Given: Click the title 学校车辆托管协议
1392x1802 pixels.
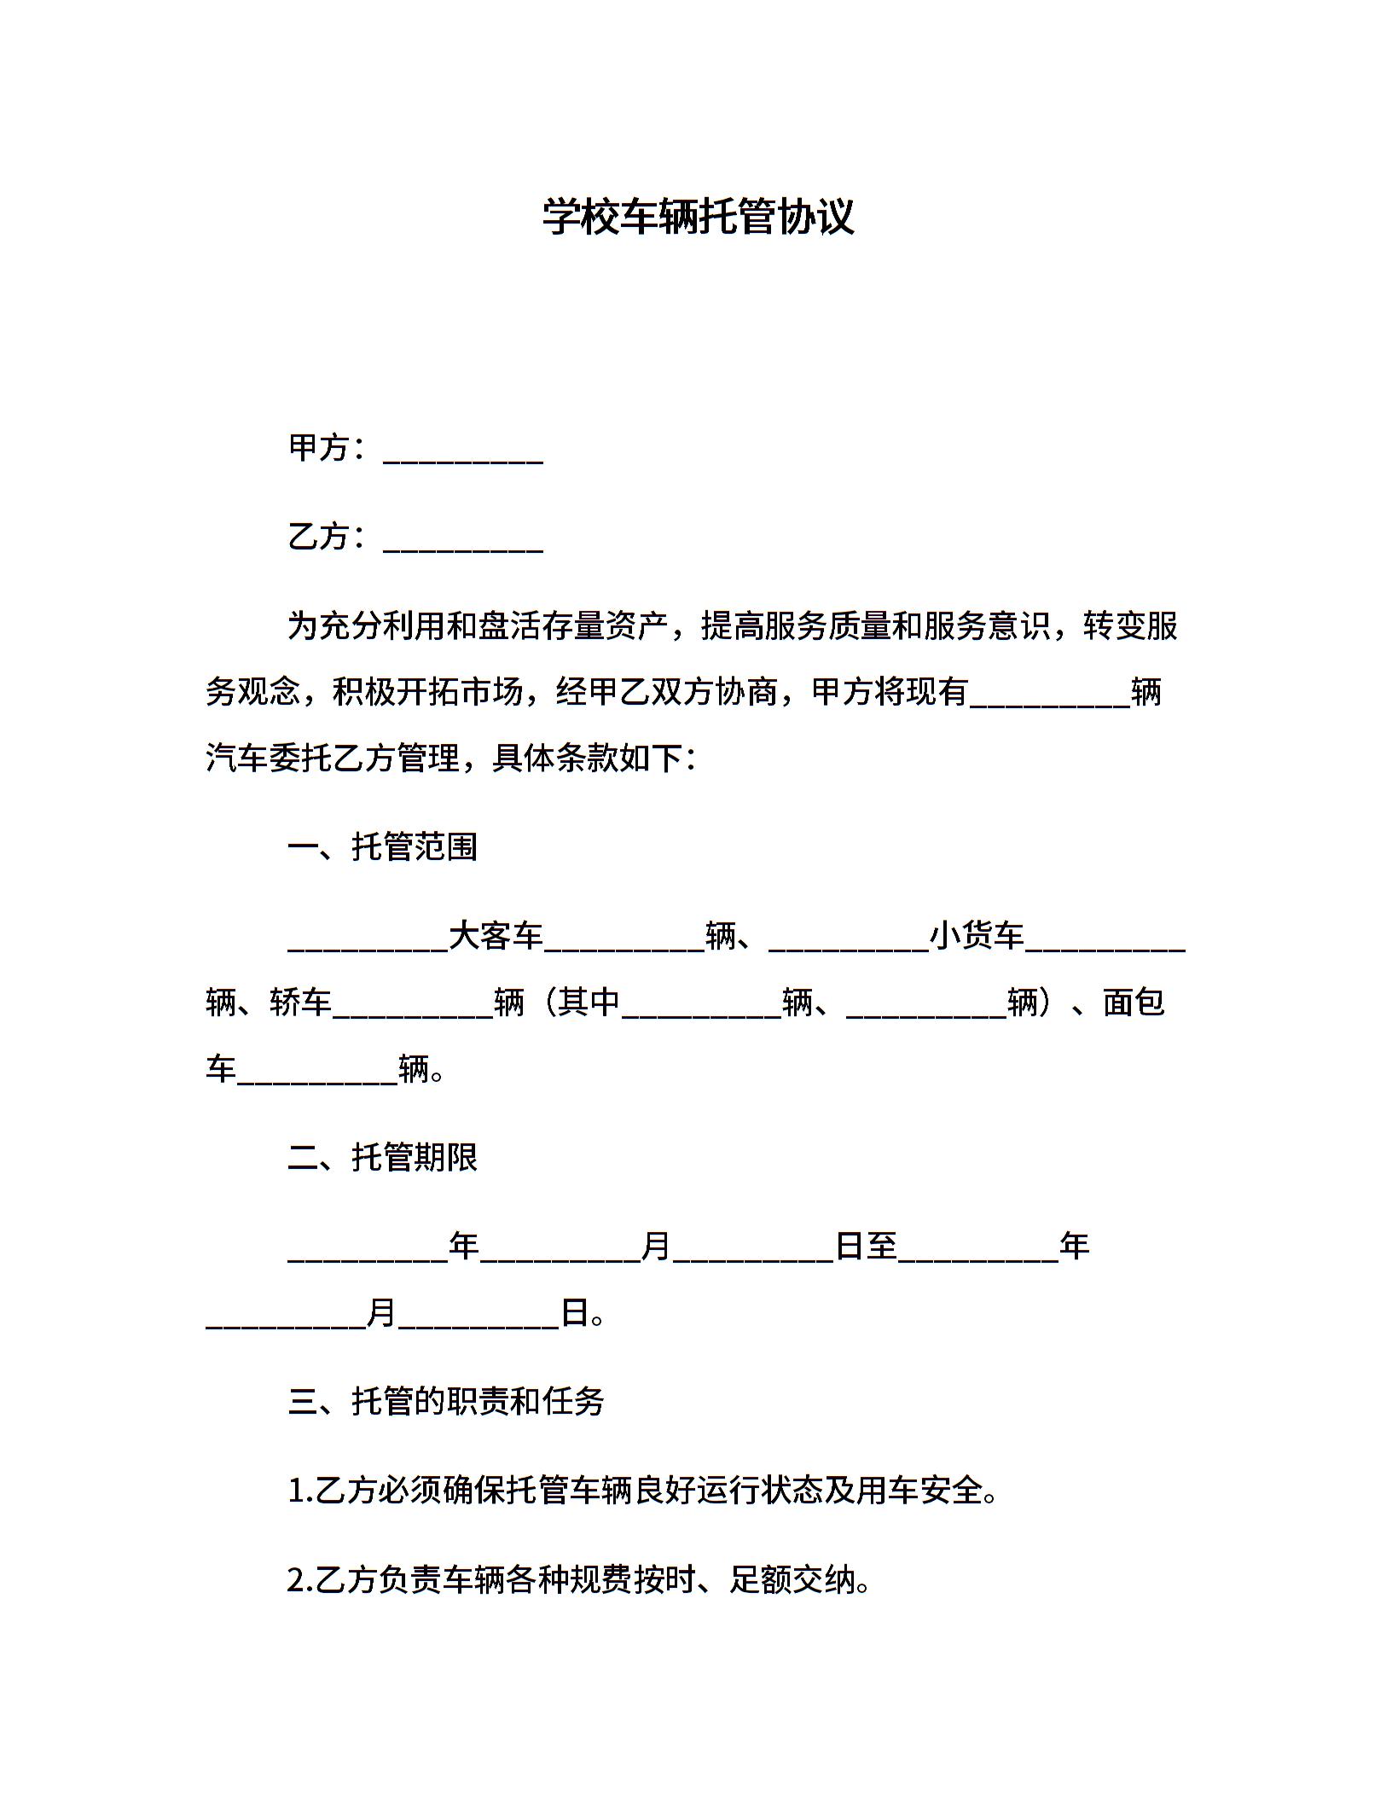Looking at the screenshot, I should click(x=698, y=217).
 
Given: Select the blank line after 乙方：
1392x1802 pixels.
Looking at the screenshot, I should click(x=463, y=539).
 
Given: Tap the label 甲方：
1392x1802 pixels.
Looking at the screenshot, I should click(x=328, y=448).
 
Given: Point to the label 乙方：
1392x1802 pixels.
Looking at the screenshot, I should click(x=328, y=537).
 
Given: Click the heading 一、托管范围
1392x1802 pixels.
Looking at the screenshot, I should click(x=383, y=847).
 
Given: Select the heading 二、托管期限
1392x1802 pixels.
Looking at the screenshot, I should click(x=383, y=1158).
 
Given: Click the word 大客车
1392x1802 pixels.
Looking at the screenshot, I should click(x=496, y=936).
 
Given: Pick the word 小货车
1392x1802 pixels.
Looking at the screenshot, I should click(x=977, y=936).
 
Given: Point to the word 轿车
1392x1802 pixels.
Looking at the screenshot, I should click(x=301, y=1002).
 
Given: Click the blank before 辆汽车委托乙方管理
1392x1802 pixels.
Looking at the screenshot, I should click(x=1050, y=695).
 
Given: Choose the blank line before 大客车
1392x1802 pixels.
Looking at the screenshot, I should click(x=368, y=940).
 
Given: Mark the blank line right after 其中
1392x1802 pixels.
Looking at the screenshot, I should click(x=702, y=1006).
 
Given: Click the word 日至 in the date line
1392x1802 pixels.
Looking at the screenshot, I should click(x=867, y=1247).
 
